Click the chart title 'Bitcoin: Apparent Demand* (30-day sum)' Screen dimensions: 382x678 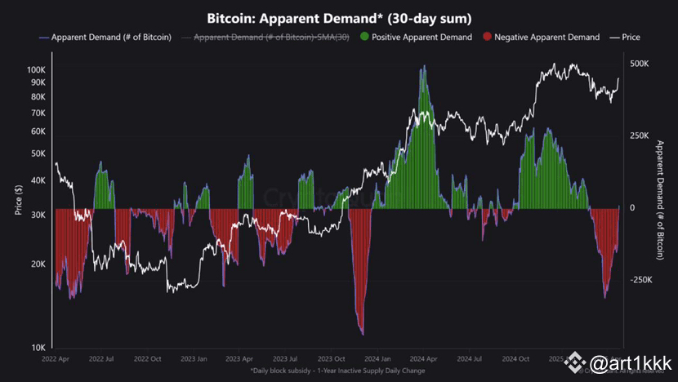click(339, 17)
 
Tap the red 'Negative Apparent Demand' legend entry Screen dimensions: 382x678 click(542, 37)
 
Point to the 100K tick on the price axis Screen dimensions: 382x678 click(35, 70)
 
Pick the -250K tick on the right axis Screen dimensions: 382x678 click(642, 280)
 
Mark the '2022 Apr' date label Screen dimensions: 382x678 click(56, 358)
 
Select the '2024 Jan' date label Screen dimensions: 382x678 click(377, 358)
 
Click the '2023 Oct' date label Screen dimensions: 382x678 click(332, 358)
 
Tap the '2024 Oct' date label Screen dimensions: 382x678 click(516, 358)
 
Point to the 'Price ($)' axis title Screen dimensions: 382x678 click(18, 201)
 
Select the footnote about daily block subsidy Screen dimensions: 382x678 click(340, 371)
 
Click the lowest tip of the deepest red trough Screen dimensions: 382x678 click(361, 334)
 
